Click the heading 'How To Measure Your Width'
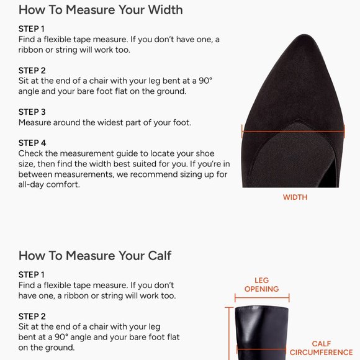coord(101,10)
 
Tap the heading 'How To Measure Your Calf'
coord(95,256)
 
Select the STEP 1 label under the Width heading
coord(32,29)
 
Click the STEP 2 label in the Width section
coord(32,71)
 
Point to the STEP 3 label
coord(32,112)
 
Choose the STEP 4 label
coord(32,143)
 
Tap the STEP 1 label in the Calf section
coord(32,275)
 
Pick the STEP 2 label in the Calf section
coord(32,317)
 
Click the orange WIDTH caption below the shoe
coord(295,197)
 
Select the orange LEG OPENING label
coord(262,285)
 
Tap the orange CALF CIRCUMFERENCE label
coord(321,348)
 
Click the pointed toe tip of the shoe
coord(305,35)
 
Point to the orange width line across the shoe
coord(293,132)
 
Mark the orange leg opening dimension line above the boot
coord(262,298)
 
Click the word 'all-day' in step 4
coord(31,185)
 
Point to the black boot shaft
coord(262,333)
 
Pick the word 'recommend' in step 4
coord(153,174)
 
